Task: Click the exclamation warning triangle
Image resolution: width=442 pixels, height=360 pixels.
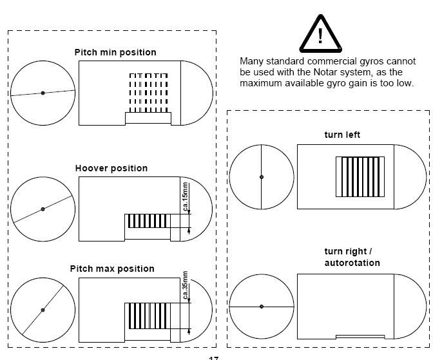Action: point(320,32)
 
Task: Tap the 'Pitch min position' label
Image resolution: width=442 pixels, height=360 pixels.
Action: point(115,52)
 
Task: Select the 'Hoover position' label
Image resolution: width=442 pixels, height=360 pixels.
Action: point(111,168)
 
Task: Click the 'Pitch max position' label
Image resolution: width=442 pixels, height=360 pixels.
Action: point(112,269)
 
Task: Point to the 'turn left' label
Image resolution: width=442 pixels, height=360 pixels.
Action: point(342,135)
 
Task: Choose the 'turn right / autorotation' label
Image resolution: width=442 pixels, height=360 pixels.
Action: point(352,257)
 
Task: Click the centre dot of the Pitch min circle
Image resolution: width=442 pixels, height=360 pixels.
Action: point(43,93)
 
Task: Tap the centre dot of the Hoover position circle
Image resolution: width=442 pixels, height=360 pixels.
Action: point(43,209)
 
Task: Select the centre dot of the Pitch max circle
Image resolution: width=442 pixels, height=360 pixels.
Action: point(43,310)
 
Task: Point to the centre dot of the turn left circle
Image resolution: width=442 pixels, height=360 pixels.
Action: point(262,177)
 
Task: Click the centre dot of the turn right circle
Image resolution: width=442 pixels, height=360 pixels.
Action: point(262,307)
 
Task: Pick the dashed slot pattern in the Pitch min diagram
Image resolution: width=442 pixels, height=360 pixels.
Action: point(148,93)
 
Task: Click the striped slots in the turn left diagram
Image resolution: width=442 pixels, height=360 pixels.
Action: point(360,178)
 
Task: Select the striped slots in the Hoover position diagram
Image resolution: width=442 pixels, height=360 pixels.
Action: point(148,221)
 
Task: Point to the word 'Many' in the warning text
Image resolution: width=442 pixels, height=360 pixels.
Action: point(251,61)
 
